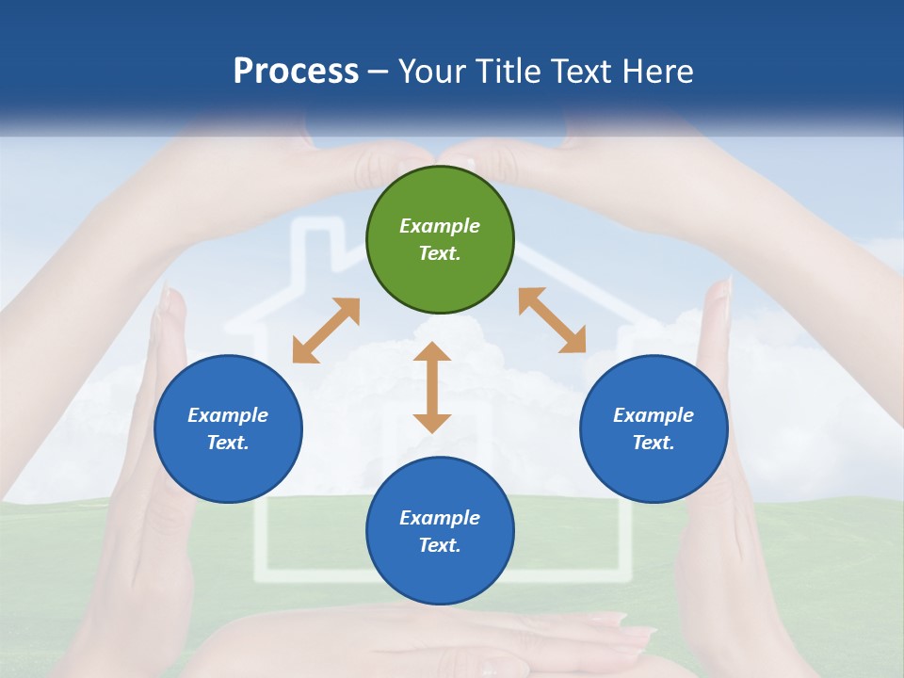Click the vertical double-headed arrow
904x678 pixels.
point(432,387)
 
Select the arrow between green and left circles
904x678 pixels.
point(326,331)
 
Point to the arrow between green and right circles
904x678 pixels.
point(552,320)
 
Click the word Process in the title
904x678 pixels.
point(296,72)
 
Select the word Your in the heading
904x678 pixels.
point(433,72)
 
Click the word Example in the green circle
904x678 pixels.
point(440,226)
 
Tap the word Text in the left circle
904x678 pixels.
point(228,443)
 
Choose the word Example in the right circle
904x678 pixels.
point(654,415)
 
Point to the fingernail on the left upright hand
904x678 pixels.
point(172,301)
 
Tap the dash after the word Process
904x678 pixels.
point(379,72)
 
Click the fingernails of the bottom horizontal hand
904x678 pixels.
point(607,621)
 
